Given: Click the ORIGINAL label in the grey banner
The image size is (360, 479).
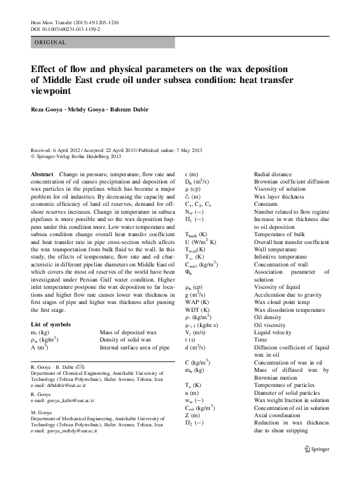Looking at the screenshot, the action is (50, 42).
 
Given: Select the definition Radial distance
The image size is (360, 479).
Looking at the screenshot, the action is (273, 174).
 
